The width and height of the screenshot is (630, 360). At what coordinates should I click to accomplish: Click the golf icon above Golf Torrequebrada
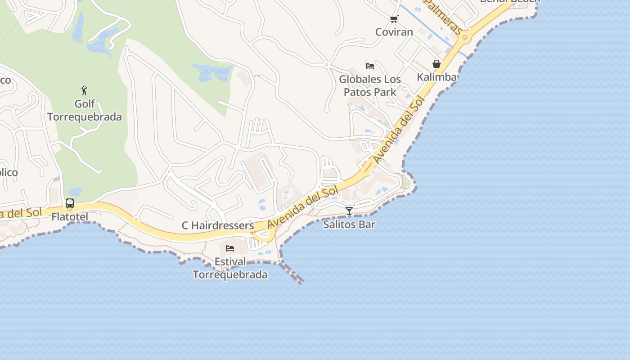(84, 90)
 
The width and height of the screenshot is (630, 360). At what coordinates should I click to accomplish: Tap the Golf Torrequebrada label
(85, 110)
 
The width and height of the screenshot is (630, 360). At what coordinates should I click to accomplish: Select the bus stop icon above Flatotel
(70, 203)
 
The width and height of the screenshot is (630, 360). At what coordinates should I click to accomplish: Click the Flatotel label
(69, 217)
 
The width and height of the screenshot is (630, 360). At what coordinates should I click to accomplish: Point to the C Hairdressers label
(218, 225)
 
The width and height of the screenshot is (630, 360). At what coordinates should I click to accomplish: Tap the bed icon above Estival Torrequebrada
(230, 248)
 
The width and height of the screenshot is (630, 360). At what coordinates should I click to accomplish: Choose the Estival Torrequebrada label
(230, 268)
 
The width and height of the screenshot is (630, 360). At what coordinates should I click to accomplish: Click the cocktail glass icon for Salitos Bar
(349, 211)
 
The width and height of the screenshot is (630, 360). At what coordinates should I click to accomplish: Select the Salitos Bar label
(349, 224)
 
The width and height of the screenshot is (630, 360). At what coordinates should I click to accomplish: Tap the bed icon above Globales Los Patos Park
(370, 66)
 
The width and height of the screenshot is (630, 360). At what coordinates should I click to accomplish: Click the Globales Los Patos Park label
(370, 86)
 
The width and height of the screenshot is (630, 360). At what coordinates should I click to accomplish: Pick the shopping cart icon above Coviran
(394, 19)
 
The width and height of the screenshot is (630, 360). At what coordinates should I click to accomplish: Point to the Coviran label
(394, 32)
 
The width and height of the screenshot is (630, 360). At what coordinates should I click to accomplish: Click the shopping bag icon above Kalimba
(436, 64)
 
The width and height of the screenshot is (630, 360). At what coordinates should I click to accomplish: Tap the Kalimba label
(436, 77)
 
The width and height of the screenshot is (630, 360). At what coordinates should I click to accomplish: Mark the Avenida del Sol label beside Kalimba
(399, 131)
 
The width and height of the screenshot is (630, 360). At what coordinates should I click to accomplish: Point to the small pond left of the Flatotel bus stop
(75, 192)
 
